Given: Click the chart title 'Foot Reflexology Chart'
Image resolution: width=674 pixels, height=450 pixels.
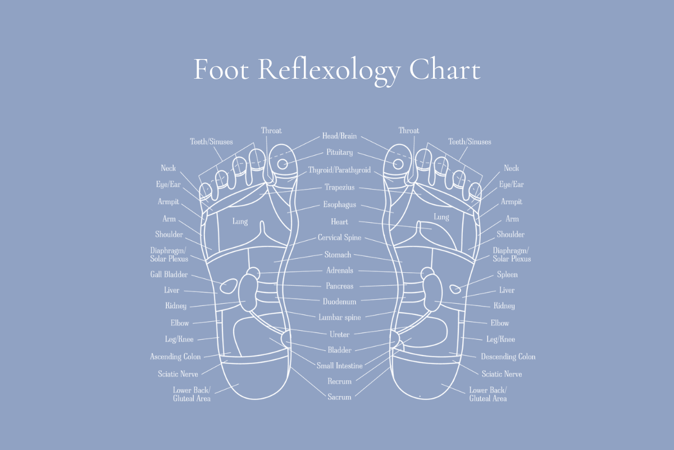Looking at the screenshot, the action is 337,71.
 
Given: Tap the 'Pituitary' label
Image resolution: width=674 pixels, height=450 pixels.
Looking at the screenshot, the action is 339,152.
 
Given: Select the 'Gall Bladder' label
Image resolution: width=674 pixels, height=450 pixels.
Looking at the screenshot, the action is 169,274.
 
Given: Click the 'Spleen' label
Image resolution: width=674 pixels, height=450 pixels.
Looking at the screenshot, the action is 507,274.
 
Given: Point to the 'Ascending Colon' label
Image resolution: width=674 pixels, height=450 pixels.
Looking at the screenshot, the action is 175,357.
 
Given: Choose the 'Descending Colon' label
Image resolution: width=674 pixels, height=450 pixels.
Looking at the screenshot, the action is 508,357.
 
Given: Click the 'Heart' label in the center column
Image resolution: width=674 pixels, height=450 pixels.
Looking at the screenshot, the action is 339,222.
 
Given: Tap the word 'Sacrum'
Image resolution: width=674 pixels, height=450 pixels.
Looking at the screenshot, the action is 339,397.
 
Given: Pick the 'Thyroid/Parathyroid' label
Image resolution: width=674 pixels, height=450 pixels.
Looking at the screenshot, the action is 339,170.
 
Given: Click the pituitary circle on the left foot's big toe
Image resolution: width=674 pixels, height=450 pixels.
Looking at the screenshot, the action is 282,164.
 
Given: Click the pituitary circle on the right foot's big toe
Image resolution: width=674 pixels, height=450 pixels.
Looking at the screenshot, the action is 398,164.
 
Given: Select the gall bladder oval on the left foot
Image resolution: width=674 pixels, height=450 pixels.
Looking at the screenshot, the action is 229,286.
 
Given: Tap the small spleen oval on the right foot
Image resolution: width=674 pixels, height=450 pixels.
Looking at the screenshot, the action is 455,289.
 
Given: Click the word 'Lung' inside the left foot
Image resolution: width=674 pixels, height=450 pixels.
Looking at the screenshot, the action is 240,222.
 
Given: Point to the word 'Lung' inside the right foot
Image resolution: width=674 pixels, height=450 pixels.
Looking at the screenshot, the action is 441,217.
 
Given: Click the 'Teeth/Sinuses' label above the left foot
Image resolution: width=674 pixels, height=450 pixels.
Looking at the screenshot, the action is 211,142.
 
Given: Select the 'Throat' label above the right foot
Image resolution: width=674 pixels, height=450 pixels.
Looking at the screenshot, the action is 409,130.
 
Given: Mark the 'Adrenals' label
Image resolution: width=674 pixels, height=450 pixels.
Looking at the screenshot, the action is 340,271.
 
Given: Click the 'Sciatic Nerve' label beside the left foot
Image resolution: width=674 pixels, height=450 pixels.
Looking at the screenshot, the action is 178,374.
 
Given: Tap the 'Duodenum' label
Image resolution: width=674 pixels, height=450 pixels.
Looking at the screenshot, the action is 339,301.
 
